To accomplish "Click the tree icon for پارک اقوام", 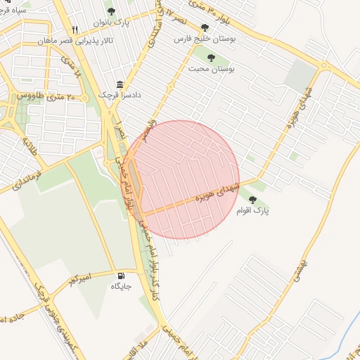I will pyautogui.click(x=252, y=200).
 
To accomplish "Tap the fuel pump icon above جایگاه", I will pyautogui.click(x=122, y=275).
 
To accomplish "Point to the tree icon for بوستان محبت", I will pyautogui.click(x=211, y=58).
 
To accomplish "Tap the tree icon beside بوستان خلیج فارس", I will pyautogui.click(x=205, y=27).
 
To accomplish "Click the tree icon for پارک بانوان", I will pyautogui.click(x=111, y=11).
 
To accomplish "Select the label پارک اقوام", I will pyautogui.click(x=253, y=210).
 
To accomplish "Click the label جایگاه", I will pyautogui.click(x=121, y=286).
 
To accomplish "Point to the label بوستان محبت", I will pyautogui.click(x=211, y=70).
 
